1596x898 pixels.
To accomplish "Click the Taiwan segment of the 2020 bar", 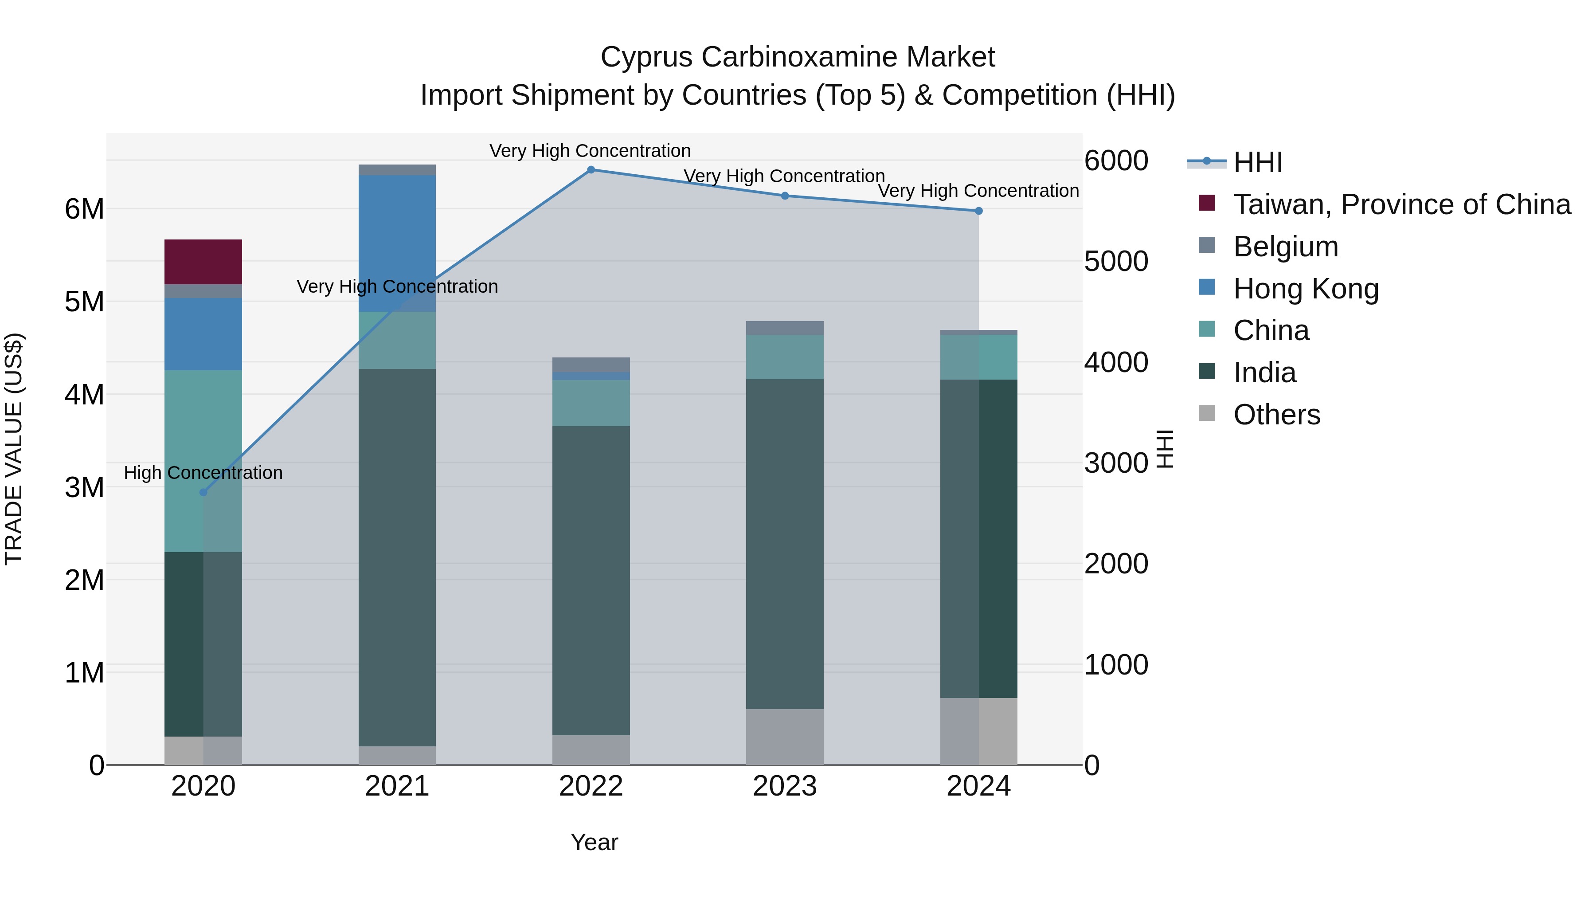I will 203,262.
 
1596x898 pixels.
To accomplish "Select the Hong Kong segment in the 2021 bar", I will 397,243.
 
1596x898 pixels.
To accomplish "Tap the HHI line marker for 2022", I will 591,170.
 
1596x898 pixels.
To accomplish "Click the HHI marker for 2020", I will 203,493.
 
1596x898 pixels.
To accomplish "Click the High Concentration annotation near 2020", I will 203,473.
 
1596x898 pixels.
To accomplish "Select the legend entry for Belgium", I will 1286,247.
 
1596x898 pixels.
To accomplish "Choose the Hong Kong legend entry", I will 1306,289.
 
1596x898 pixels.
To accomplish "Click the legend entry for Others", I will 1276,415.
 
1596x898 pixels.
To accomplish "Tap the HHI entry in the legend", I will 1257,162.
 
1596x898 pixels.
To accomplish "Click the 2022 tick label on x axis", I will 591,786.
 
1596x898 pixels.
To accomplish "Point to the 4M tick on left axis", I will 85,395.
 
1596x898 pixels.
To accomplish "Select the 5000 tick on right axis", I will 1116,262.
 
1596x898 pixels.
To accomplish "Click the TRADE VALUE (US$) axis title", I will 14,449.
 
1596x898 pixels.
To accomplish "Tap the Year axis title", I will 594,842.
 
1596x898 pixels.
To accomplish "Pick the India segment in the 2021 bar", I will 397,558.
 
